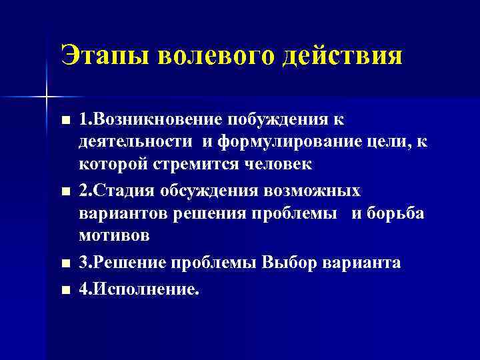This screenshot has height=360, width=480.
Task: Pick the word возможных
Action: tap(313, 192)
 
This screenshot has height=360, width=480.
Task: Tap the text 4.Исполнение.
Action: tap(139, 288)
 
